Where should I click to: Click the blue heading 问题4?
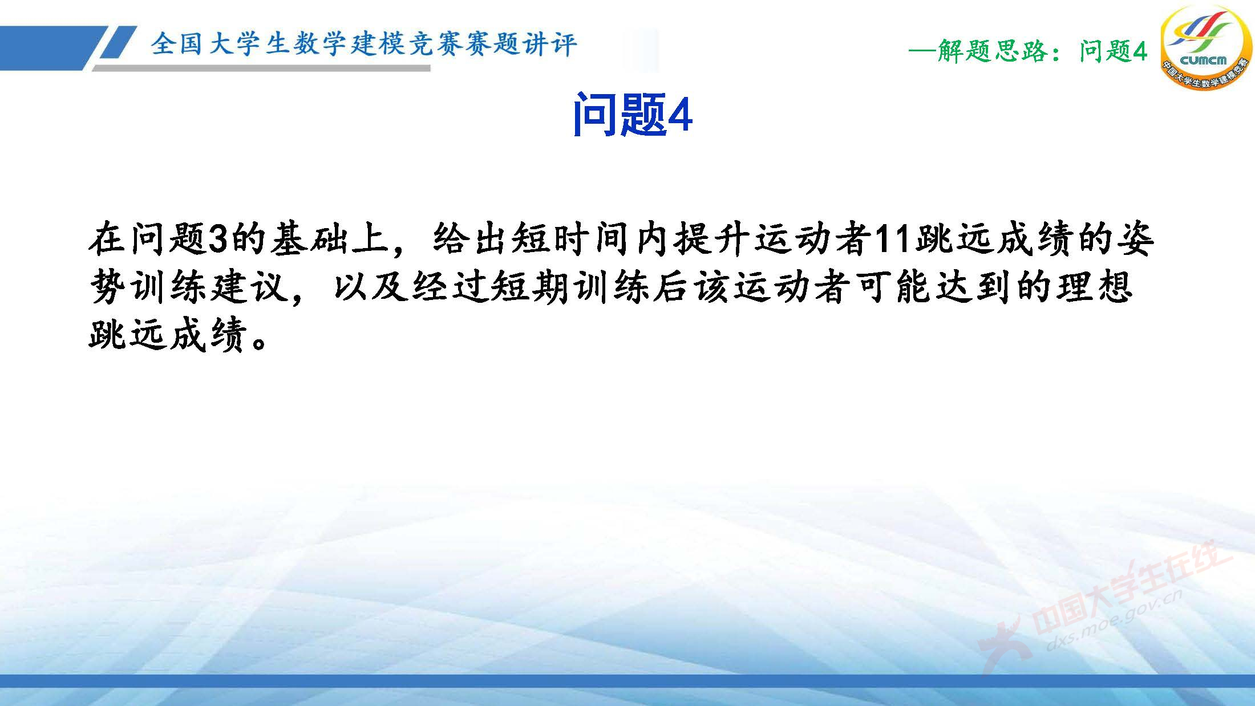(x=632, y=116)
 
